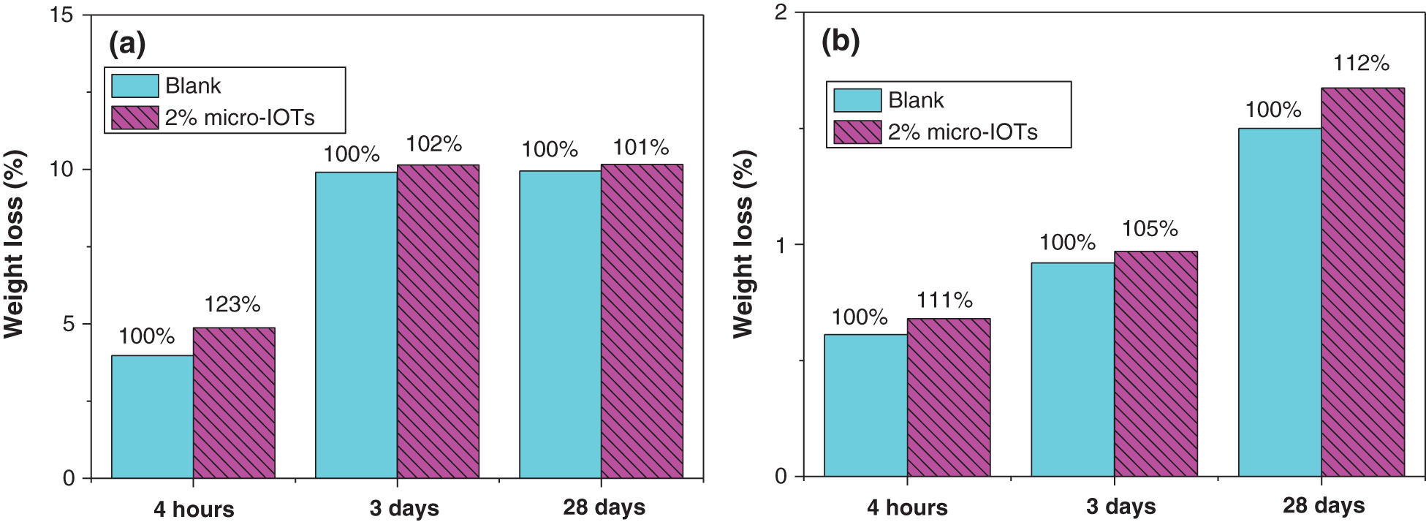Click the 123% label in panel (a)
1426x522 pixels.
(232, 304)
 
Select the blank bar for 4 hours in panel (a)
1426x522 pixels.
(152, 417)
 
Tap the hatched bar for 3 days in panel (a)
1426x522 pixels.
(438, 322)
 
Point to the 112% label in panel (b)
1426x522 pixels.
(1361, 64)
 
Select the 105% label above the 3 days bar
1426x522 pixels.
(1150, 229)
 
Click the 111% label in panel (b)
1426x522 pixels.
(944, 300)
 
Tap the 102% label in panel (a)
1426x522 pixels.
(433, 144)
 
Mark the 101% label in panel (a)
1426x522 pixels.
(640, 148)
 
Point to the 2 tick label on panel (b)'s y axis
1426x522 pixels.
(781, 13)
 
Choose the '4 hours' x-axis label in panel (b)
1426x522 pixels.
(907, 507)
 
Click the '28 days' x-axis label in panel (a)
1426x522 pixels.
(604, 507)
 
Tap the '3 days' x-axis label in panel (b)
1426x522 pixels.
(1120, 507)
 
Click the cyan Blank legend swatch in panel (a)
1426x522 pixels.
(134, 86)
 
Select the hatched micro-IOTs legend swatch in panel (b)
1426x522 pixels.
(857, 132)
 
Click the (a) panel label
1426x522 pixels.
(127, 44)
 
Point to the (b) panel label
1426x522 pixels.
(841, 41)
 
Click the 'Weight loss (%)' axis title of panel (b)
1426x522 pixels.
(743, 243)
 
